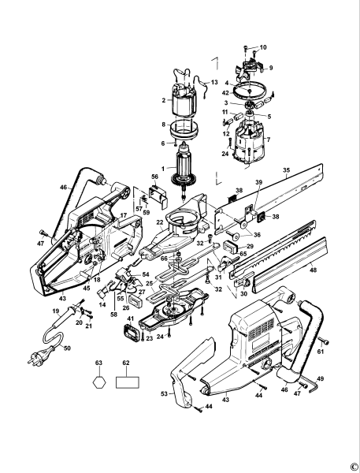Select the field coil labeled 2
tap(187, 99)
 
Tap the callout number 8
tap(163, 125)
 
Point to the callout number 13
tap(214, 82)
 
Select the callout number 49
tap(321, 378)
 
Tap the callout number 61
tap(321, 351)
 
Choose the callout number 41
tap(132, 320)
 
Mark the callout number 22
tap(160, 223)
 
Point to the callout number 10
tap(263, 48)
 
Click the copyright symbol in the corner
tap(353, 465)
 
